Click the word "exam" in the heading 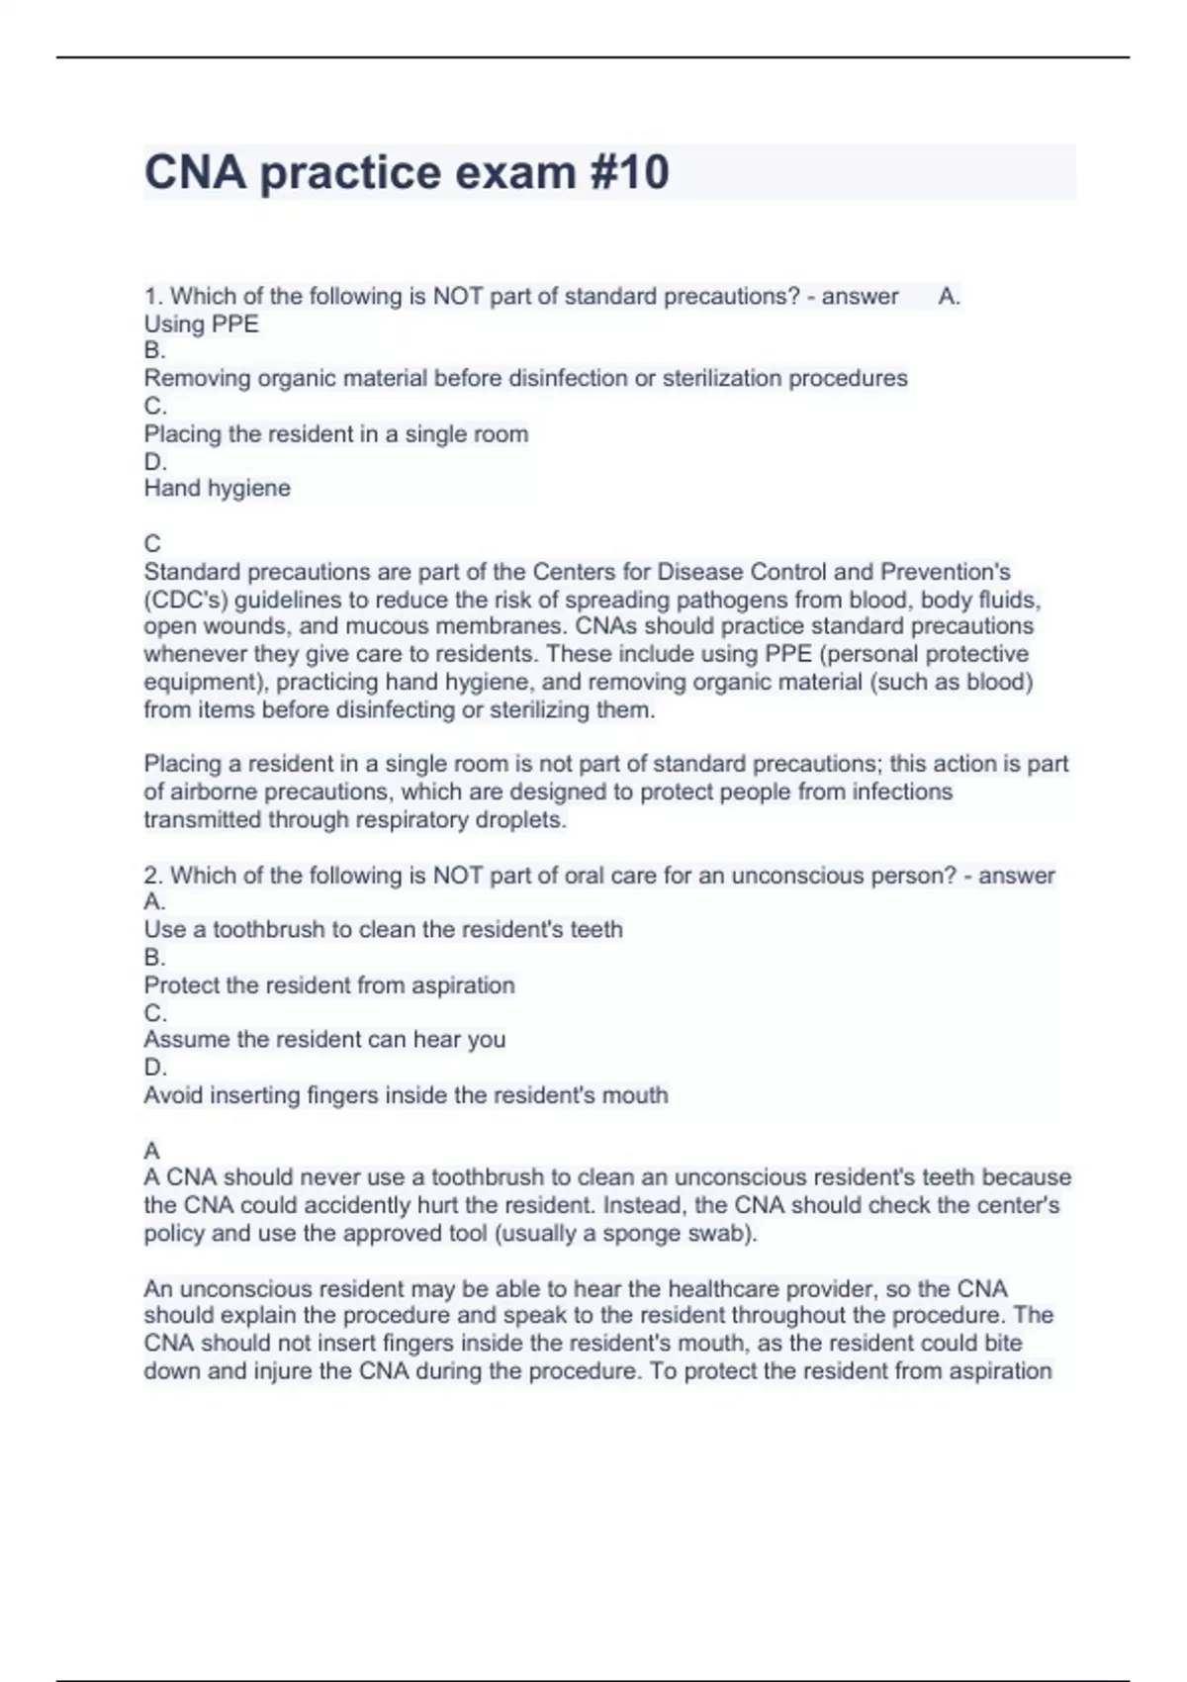tap(516, 172)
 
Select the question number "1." tap(153, 296)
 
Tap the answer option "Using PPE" tap(201, 324)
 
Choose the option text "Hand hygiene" tap(217, 488)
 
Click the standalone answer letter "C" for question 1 tap(152, 543)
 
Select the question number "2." tap(153, 876)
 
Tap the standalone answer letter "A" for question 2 tap(151, 1151)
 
